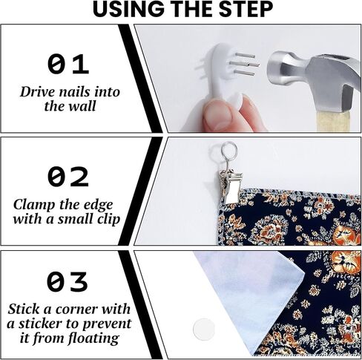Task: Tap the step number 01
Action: tap(68, 65)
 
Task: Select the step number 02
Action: tap(68, 177)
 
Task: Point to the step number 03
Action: tap(68, 281)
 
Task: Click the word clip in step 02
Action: tap(109, 220)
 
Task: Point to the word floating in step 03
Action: tap(93, 338)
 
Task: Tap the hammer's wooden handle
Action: tap(334, 120)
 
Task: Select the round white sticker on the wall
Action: tap(203, 329)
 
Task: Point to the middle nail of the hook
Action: tap(245, 65)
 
